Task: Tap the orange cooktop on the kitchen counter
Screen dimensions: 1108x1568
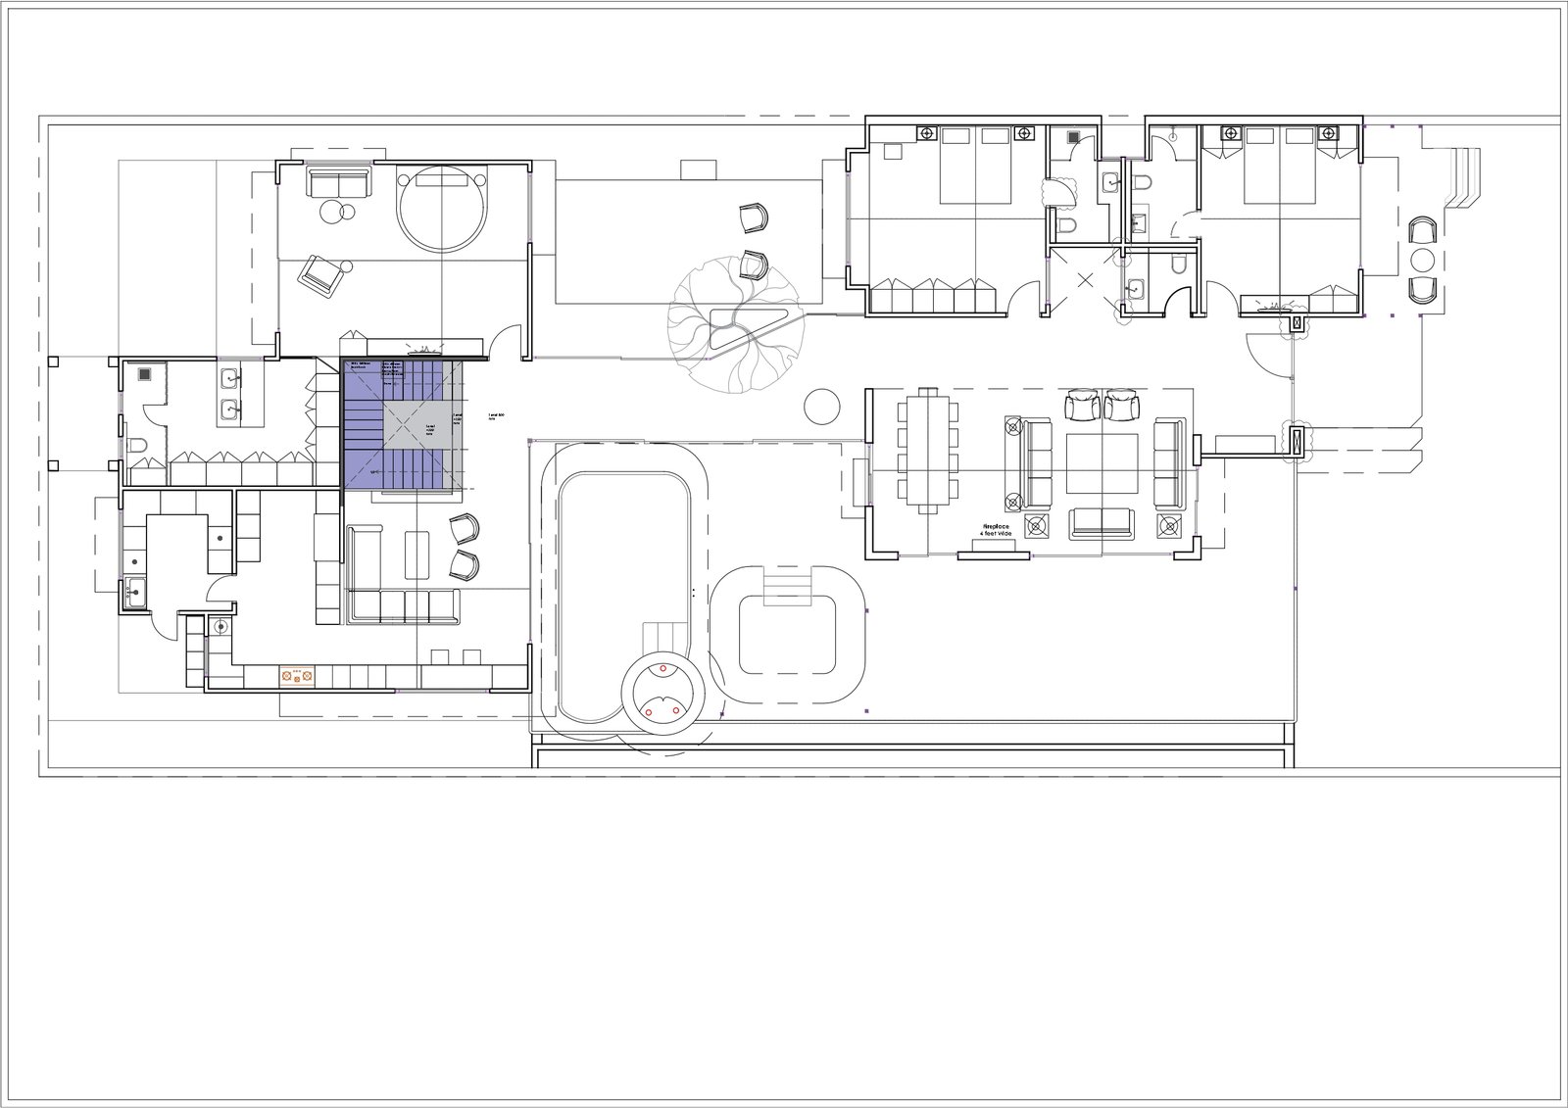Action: click(x=296, y=675)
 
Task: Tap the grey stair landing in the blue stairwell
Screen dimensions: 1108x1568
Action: click(x=419, y=425)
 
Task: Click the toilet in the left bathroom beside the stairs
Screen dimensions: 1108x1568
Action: click(x=138, y=447)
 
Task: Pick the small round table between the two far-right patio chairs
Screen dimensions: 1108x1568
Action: click(x=1422, y=261)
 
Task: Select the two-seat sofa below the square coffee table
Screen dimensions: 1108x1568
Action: click(x=1099, y=524)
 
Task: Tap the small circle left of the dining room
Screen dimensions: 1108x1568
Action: click(x=820, y=405)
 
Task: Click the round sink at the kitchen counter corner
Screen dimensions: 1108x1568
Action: click(x=220, y=626)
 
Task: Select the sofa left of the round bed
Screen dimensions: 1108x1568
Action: click(x=338, y=182)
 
